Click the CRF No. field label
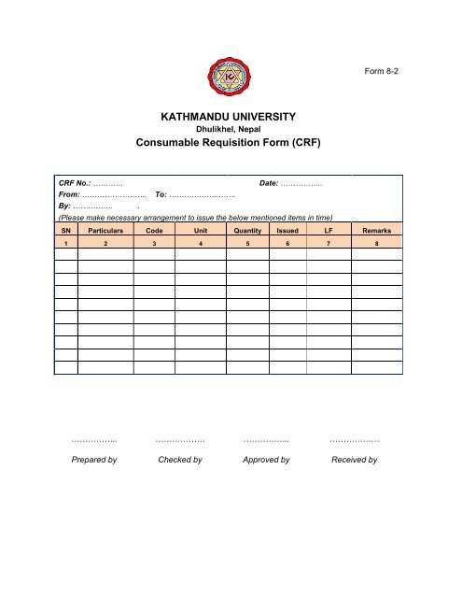(74, 188)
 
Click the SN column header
(65, 229)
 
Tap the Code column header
(154, 229)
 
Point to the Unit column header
(200, 229)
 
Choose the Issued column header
(287, 229)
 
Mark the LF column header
(327, 229)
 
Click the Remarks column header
(376, 229)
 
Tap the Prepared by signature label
(93, 460)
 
